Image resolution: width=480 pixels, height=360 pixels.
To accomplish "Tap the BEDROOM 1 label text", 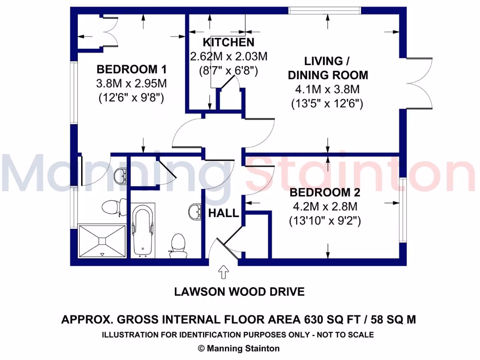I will [x=131, y=70].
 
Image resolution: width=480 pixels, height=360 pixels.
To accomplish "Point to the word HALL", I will [x=224, y=213].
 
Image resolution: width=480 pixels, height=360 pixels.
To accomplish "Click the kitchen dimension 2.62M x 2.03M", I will [x=228, y=57].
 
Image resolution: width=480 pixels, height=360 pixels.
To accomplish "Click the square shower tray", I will [x=102, y=241].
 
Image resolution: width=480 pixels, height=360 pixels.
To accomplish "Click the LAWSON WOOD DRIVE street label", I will [x=239, y=292].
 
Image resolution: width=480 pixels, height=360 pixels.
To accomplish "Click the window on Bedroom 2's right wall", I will [x=402, y=210].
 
